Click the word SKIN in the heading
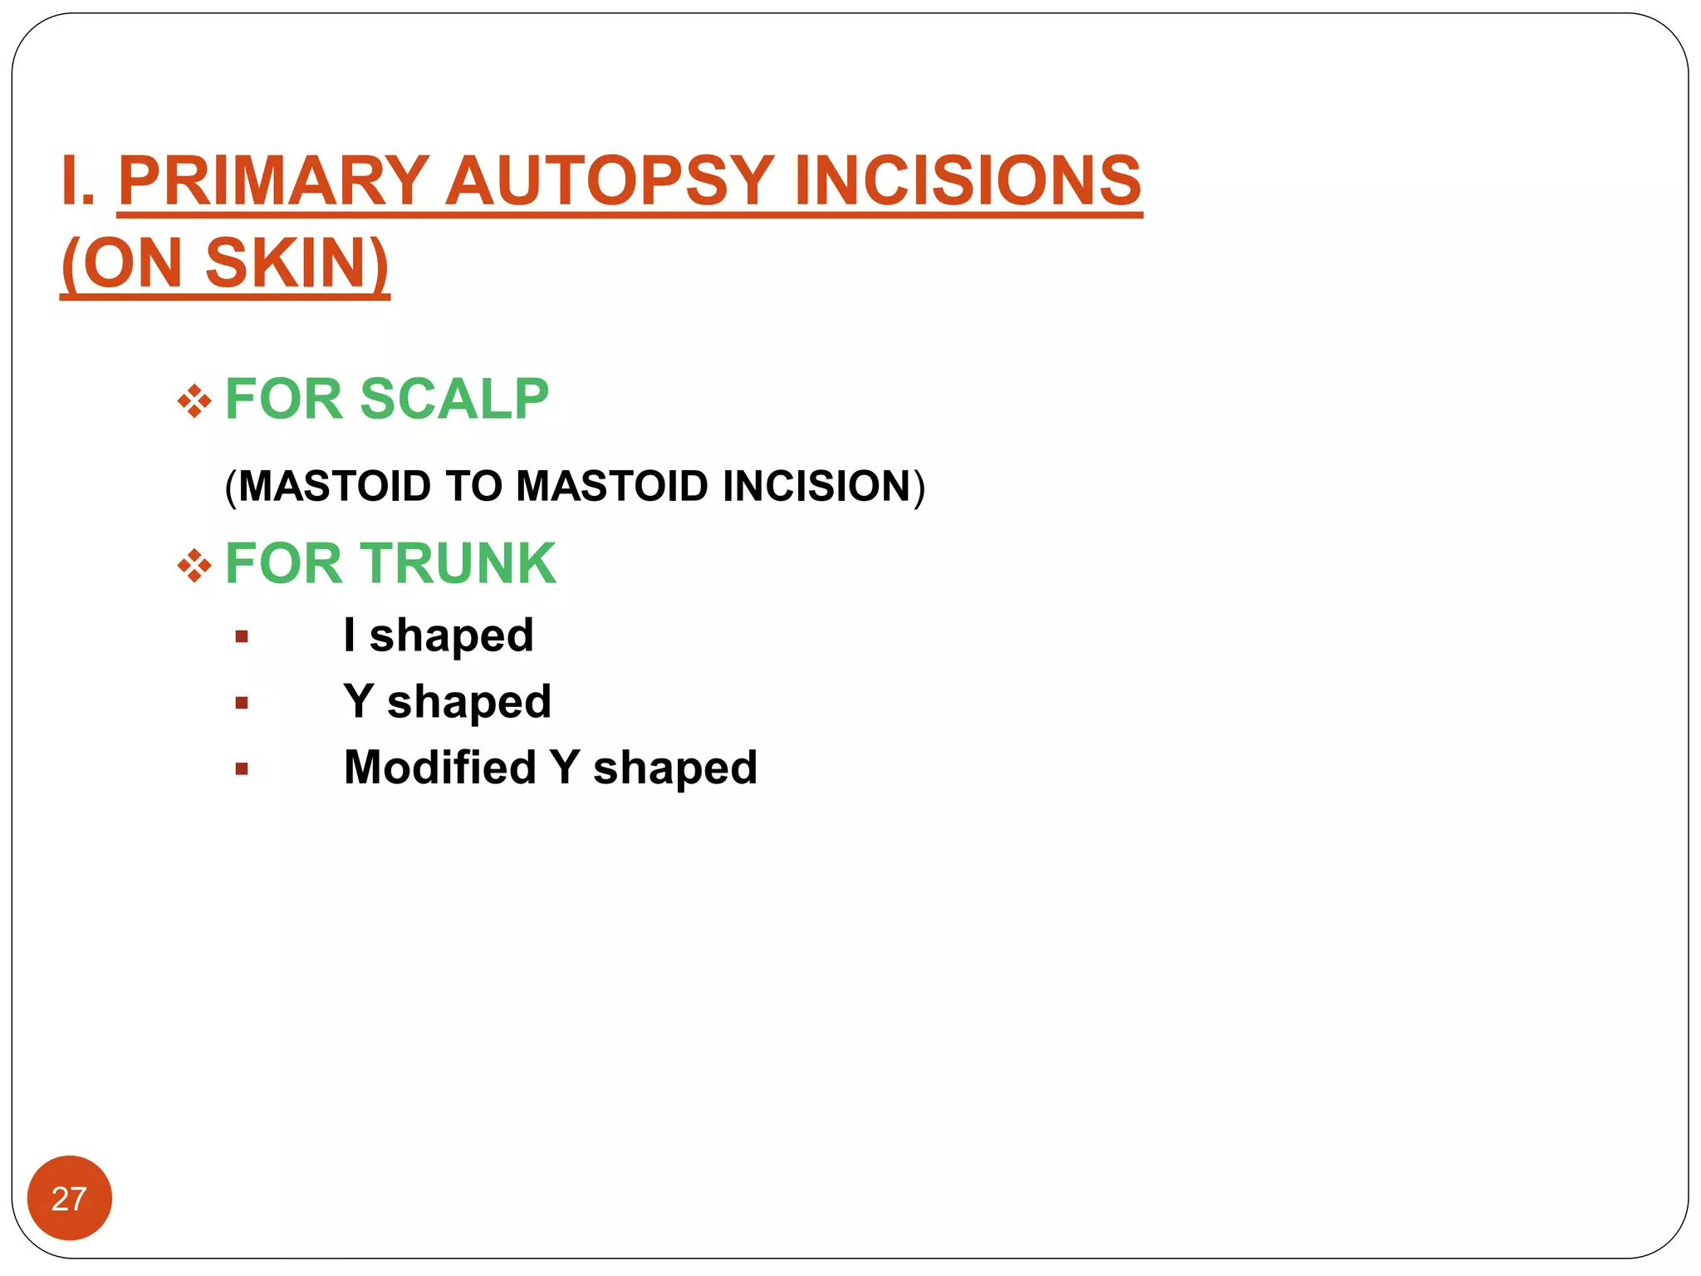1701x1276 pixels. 295,263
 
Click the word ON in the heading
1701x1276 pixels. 132,263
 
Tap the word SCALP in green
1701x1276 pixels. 454,400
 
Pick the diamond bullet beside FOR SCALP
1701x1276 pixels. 194,401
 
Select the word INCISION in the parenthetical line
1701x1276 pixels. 816,486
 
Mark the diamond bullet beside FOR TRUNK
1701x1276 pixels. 194,567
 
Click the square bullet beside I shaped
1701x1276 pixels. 242,637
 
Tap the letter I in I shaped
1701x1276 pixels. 350,635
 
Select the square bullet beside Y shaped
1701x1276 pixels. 242,703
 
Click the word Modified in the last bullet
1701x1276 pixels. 440,767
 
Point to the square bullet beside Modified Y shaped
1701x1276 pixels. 242,768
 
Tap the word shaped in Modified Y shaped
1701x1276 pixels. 674,768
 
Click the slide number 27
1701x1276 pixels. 69,1199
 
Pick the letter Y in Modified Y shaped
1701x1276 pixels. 565,767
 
